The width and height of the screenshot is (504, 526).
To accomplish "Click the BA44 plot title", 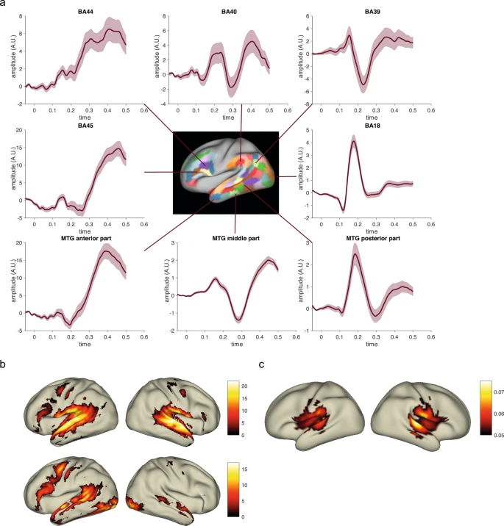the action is (85, 12).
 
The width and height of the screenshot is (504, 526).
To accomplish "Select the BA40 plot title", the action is (229, 12).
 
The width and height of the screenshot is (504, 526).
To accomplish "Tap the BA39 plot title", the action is (372, 12).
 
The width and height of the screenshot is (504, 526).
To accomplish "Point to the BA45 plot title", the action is (85, 126).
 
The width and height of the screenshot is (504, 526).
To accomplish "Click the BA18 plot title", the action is (372, 126).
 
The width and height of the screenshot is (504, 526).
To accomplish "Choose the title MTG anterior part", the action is (86, 238).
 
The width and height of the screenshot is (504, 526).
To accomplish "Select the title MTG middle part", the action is (236, 238).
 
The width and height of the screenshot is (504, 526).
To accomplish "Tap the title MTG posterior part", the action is (373, 238).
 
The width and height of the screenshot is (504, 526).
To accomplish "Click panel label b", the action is (3, 364).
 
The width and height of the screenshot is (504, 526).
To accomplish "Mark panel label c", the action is (261, 364).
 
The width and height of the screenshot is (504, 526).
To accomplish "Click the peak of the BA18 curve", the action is (354, 141).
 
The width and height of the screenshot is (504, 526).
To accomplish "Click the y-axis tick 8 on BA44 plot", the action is (21, 16).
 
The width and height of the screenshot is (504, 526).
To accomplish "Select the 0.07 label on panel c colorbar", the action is (499, 392).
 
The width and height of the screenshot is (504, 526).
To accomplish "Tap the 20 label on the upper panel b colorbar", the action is (244, 386).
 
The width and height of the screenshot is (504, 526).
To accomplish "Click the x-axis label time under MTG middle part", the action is (237, 345).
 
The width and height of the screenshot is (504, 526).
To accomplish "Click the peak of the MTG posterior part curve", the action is (355, 254).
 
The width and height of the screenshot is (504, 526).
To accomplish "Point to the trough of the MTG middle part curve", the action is (238, 320).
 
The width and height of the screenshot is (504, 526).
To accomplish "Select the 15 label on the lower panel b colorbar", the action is (244, 469).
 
